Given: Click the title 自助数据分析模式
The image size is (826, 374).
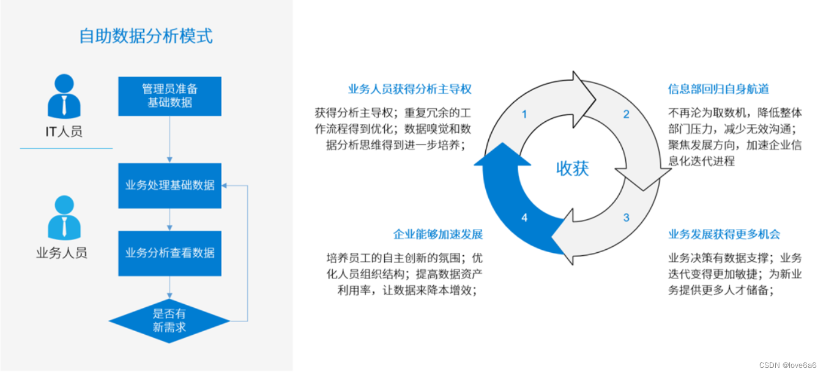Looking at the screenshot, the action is click(x=146, y=36).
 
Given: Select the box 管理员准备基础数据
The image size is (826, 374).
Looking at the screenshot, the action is click(x=169, y=96).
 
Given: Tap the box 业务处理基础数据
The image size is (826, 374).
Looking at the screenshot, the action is click(x=169, y=185).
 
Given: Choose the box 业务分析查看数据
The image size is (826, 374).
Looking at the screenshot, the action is click(x=169, y=253).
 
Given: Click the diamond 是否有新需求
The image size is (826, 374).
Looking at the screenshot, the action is click(x=169, y=321).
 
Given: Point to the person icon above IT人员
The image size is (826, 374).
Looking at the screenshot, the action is click(x=64, y=96).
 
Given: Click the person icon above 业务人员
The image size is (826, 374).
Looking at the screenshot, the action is click(x=64, y=218).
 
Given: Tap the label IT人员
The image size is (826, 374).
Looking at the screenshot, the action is click(x=64, y=131).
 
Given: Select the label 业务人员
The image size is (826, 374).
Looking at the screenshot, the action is click(x=62, y=252).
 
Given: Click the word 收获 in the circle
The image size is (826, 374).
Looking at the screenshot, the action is click(x=572, y=168).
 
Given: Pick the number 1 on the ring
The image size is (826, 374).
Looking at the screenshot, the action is click(x=524, y=114).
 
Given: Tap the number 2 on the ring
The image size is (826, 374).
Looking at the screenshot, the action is click(x=626, y=114).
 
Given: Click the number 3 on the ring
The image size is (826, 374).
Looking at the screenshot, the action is click(x=626, y=217).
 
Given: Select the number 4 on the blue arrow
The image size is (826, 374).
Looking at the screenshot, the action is click(x=524, y=217).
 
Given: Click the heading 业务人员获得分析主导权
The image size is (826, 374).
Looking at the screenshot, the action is click(x=409, y=89).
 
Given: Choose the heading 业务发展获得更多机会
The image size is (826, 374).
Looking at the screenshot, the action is click(x=724, y=234).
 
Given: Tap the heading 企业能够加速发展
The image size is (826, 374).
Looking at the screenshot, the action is click(x=438, y=234).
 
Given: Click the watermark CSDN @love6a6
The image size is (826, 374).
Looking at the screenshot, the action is click(x=787, y=365).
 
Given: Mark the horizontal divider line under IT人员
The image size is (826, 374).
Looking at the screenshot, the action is click(x=66, y=148).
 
